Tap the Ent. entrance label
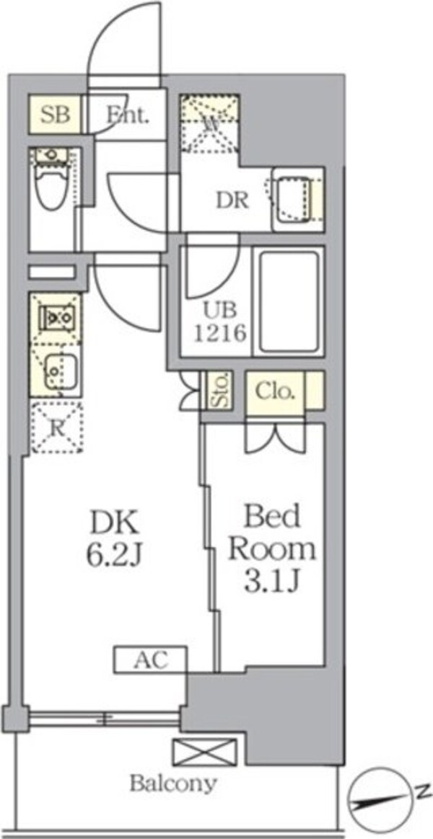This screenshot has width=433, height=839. pyautogui.click(x=128, y=115)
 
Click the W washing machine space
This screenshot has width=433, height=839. pyautogui.click(x=209, y=123)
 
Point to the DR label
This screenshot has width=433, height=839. pyautogui.click(x=232, y=201)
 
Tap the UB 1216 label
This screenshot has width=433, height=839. pyautogui.click(x=224, y=323)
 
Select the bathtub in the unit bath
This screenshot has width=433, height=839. pyautogui.click(x=288, y=302)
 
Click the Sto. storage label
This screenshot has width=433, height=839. pyautogui.click(x=217, y=391)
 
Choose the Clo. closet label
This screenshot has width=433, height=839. pyautogui.click(x=275, y=391)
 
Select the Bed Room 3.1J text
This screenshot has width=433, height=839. pyautogui.click(x=272, y=549)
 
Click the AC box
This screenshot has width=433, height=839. pyautogui.click(x=150, y=659)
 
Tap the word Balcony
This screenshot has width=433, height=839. pyautogui.click(x=172, y=783)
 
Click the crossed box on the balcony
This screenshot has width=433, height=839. pyautogui.click(x=204, y=752)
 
